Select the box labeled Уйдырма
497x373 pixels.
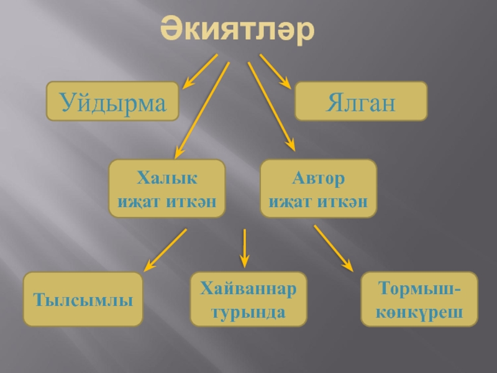pos(113,101)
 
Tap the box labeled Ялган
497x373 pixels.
pos(360,101)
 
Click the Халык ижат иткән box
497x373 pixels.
pos(167,189)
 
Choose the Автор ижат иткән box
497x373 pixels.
pos(318,189)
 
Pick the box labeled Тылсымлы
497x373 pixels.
pos(83,300)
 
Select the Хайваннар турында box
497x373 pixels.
pos(248,299)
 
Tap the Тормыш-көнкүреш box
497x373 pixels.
pos(419,299)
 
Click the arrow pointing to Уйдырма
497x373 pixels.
pos(199,71)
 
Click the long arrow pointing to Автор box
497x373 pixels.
pos(271,106)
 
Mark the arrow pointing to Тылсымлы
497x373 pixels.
pos(165,250)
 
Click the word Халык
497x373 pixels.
pos(167,179)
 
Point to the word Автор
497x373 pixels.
pos(318,179)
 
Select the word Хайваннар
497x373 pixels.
pos(248,290)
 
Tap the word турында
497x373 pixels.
pos(248,309)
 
